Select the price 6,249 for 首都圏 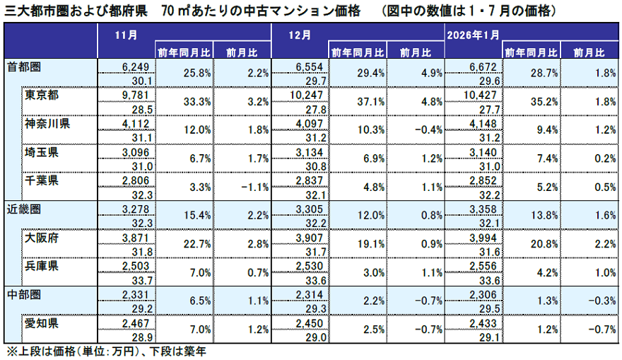[x=136, y=66]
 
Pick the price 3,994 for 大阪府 [x=486, y=237]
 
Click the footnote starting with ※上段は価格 [x=106, y=351]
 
